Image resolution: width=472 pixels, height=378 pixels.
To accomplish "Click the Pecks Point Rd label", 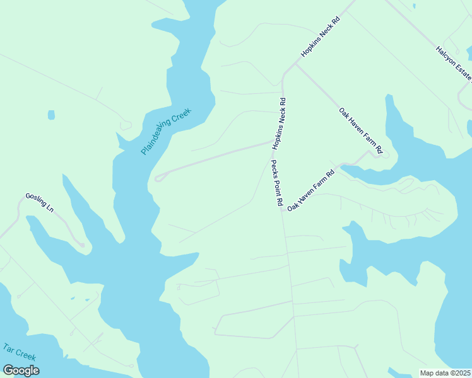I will tap(276, 184).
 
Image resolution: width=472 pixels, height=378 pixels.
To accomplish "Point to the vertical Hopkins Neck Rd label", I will tap(280, 123).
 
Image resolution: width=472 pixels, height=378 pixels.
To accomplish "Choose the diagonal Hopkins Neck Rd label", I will tap(320, 37).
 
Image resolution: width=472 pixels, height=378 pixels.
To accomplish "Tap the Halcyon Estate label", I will tap(453, 63).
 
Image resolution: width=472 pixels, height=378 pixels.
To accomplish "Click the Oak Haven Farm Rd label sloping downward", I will tap(360, 131).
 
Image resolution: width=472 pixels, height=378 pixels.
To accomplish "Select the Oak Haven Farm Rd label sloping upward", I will tap(310, 190).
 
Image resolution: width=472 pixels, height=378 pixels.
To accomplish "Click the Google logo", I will tap(20, 370).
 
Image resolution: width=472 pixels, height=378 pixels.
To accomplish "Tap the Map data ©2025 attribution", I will tap(445, 373).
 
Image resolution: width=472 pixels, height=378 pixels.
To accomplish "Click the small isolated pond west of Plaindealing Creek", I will tap(51, 115).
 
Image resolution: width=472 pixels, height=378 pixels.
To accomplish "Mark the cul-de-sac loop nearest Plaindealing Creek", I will tap(159, 177).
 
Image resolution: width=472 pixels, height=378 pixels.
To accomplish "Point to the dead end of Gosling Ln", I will tap(81, 244).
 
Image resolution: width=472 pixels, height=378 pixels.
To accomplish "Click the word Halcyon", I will tap(445, 55).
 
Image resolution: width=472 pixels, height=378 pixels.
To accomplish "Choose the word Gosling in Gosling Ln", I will tap(35, 200).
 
